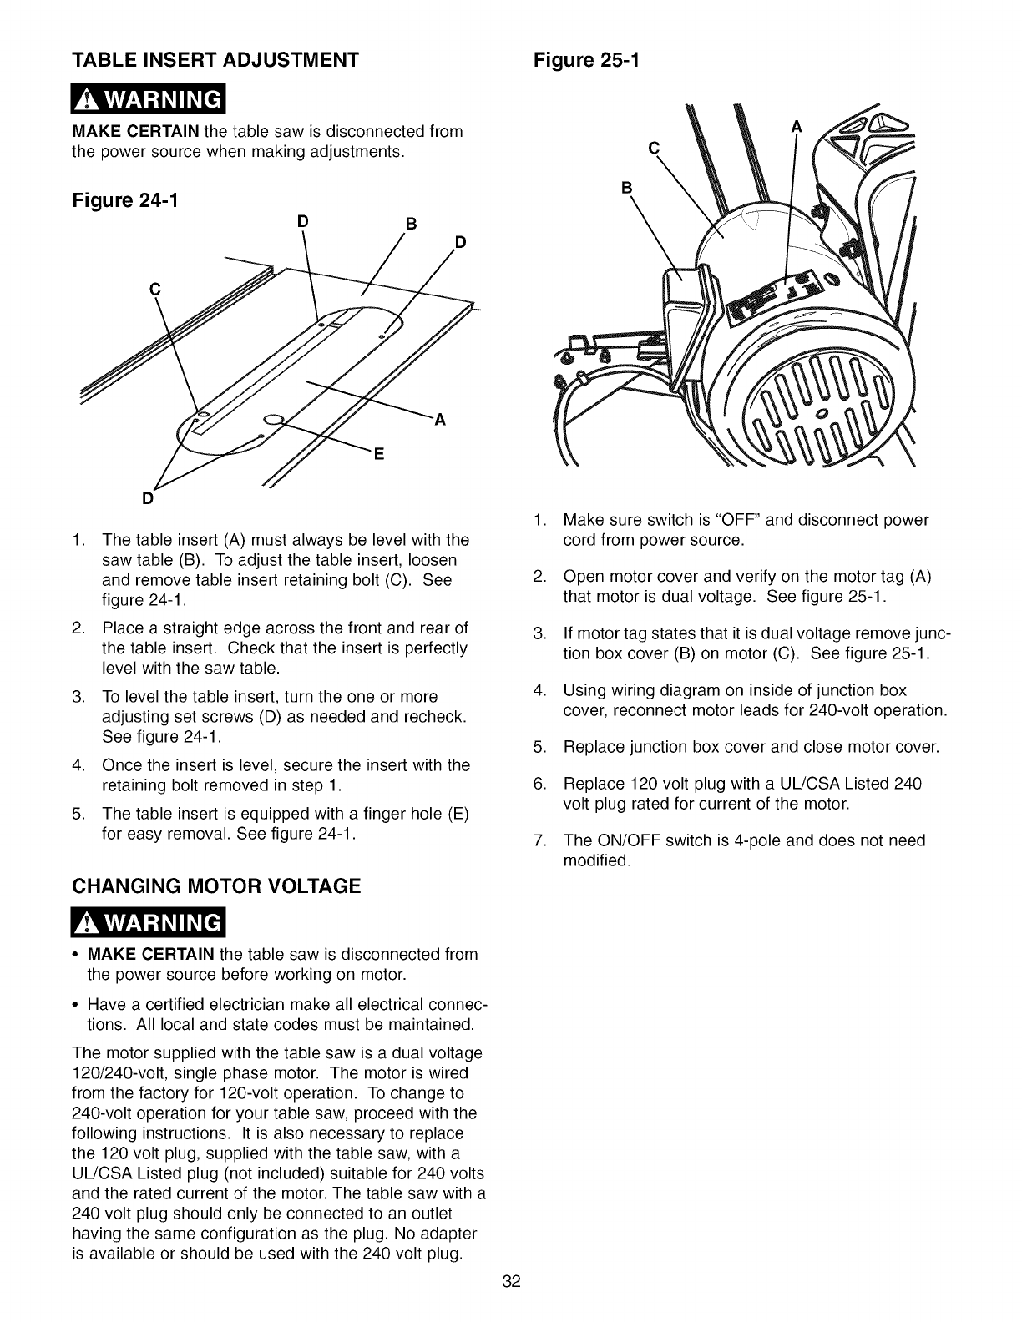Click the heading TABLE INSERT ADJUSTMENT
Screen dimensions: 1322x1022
(x=216, y=60)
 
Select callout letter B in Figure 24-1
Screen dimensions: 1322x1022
(x=410, y=224)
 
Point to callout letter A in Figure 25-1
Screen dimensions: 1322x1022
(x=796, y=127)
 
